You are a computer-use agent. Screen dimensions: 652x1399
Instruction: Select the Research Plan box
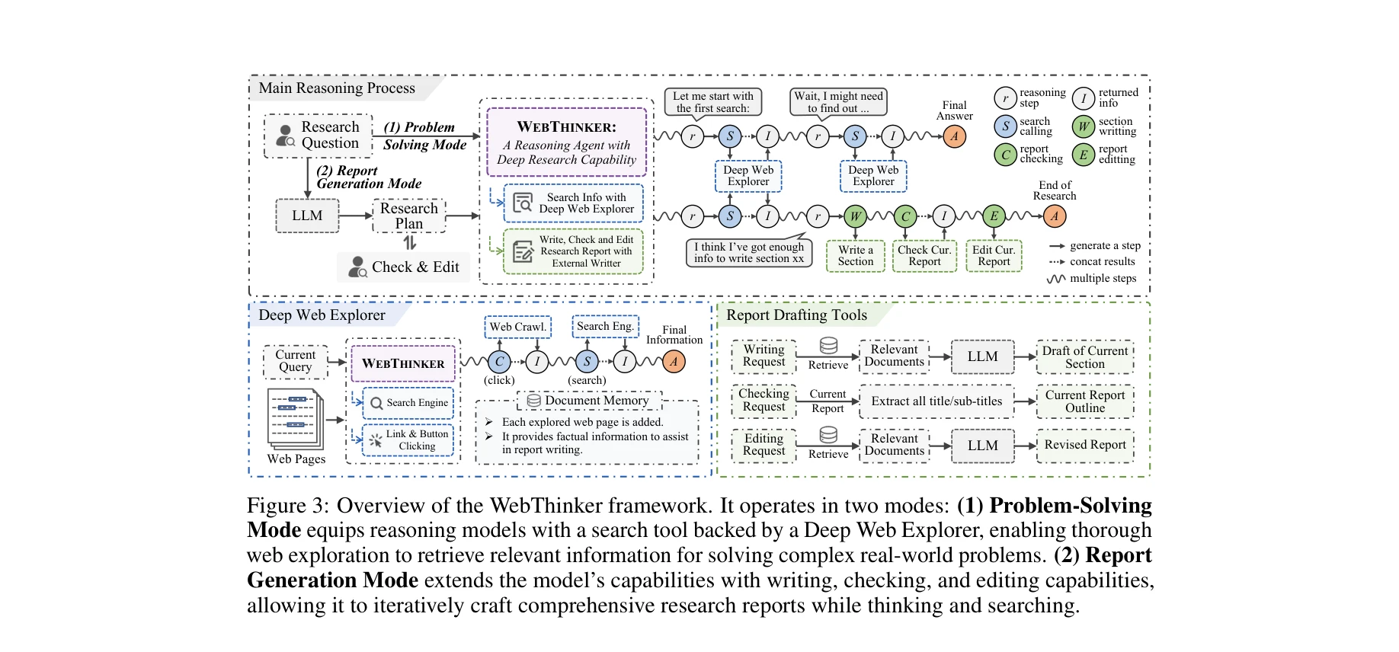(x=409, y=216)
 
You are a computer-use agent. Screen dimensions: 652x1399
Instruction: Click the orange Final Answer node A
(x=954, y=136)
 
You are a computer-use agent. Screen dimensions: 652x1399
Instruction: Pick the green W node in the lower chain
(x=855, y=216)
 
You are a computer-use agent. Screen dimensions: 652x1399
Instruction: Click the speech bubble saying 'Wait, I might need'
(x=838, y=101)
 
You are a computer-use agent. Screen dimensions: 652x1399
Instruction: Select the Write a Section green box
(x=855, y=256)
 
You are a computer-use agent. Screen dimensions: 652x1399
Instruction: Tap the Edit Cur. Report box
(x=994, y=256)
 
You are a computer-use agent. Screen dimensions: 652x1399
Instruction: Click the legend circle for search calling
(x=1005, y=126)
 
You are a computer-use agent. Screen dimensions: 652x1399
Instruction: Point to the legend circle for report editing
(x=1083, y=155)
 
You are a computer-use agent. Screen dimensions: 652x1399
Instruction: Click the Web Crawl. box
(x=517, y=327)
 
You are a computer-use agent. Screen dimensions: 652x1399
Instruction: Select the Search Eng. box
(x=605, y=326)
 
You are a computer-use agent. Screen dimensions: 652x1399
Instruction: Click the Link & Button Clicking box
(x=408, y=440)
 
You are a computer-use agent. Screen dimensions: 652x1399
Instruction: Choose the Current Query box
(x=296, y=361)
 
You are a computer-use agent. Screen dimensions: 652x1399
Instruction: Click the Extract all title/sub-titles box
(x=936, y=401)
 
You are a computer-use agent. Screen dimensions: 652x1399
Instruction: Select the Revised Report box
(x=1084, y=445)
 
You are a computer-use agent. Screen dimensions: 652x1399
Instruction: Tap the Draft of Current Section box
(x=1084, y=357)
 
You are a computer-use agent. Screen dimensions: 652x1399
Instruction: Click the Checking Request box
(x=764, y=400)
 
